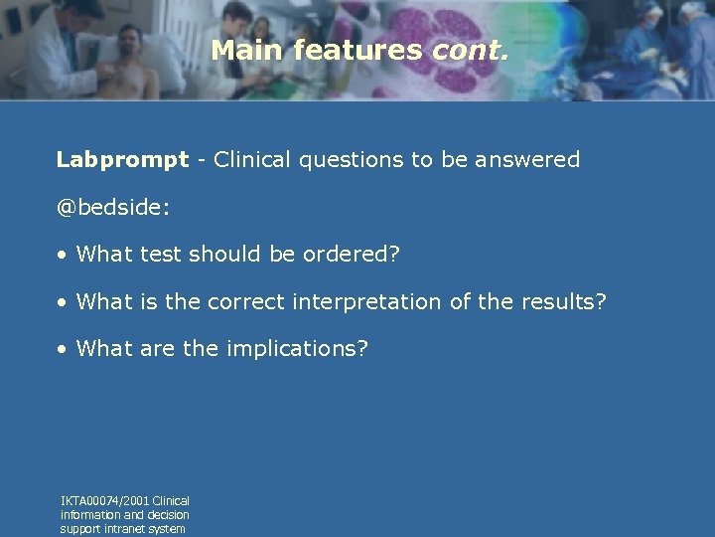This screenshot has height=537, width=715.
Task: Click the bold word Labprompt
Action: click(122, 160)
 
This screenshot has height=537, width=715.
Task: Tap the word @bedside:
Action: click(113, 208)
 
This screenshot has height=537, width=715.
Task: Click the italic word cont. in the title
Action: click(471, 51)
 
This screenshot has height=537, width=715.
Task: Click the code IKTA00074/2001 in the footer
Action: click(105, 501)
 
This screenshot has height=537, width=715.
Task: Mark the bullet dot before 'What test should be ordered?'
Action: click(63, 256)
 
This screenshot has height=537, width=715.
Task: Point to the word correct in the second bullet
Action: click(244, 302)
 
